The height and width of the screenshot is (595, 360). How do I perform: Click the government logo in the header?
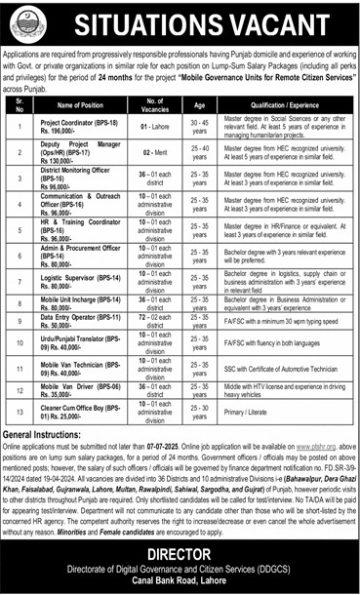point(27,22)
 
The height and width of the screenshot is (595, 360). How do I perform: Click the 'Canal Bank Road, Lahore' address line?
point(180,583)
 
